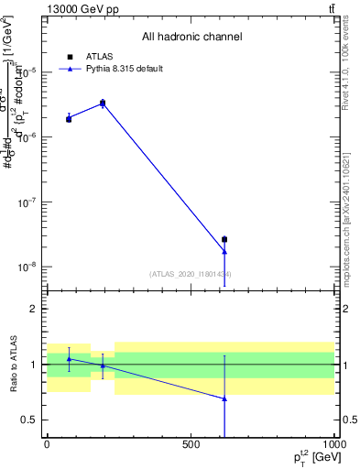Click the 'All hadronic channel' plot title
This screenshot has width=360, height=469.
click(191, 38)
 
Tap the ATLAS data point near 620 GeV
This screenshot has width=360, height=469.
click(224, 239)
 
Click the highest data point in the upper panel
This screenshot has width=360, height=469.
click(103, 104)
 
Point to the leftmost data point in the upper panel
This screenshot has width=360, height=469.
click(69, 119)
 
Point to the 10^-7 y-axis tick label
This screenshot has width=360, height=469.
click(29, 202)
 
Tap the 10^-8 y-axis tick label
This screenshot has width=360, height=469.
click(29, 267)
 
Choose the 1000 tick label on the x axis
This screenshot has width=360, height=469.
click(333, 444)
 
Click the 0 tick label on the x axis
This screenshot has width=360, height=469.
click(47, 444)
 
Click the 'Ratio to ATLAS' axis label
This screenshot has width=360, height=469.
click(13, 364)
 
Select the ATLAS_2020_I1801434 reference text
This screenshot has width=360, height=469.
click(191, 274)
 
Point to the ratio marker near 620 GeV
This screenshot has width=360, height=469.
click(224, 398)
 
